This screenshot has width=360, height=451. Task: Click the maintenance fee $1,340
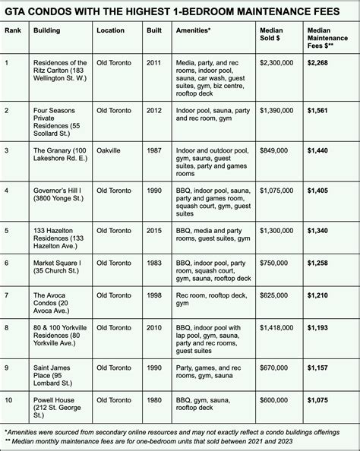319,230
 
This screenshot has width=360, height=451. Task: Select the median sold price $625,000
276,294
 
